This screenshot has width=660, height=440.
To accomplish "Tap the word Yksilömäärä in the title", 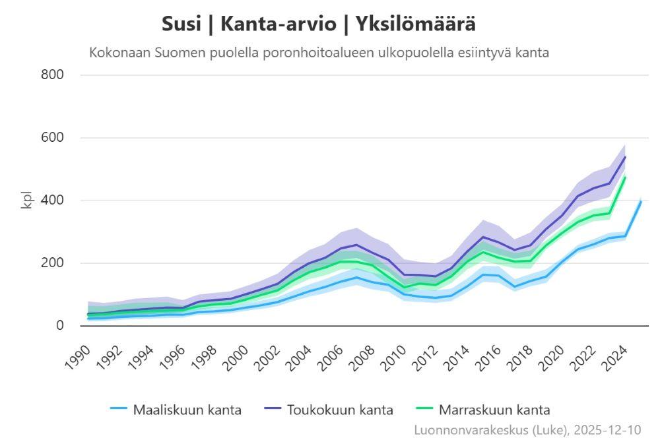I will pos(416,24).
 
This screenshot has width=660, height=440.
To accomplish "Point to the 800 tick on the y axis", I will pos(53,75).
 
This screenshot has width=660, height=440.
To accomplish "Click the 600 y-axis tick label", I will pos(53,138).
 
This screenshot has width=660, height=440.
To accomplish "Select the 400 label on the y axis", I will pos(53,201).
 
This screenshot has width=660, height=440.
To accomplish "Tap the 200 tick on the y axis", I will pos(53,263).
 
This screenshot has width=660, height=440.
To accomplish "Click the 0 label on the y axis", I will pos(60,326).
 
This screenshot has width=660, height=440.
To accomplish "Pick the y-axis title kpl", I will pos(27,201).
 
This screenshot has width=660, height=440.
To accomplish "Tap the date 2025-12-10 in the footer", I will pos(607,429).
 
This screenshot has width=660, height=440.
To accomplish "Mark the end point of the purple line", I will pos(625,157).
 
